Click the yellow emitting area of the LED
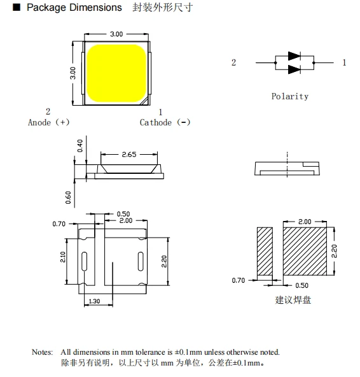click(x=116, y=73)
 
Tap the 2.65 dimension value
click(x=129, y=154)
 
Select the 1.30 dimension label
click(x=94, y=301)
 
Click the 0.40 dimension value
click(x=80, y=146)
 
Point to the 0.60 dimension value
click(x=69, y=197)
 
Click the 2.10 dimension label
click(x=63, y=257)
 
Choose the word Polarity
click(x=290, y=96)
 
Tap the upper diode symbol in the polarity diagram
click(x=294, y=56)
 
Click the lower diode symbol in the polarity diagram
click(x=294, y=69)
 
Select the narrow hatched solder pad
click(x=265, y=252)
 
